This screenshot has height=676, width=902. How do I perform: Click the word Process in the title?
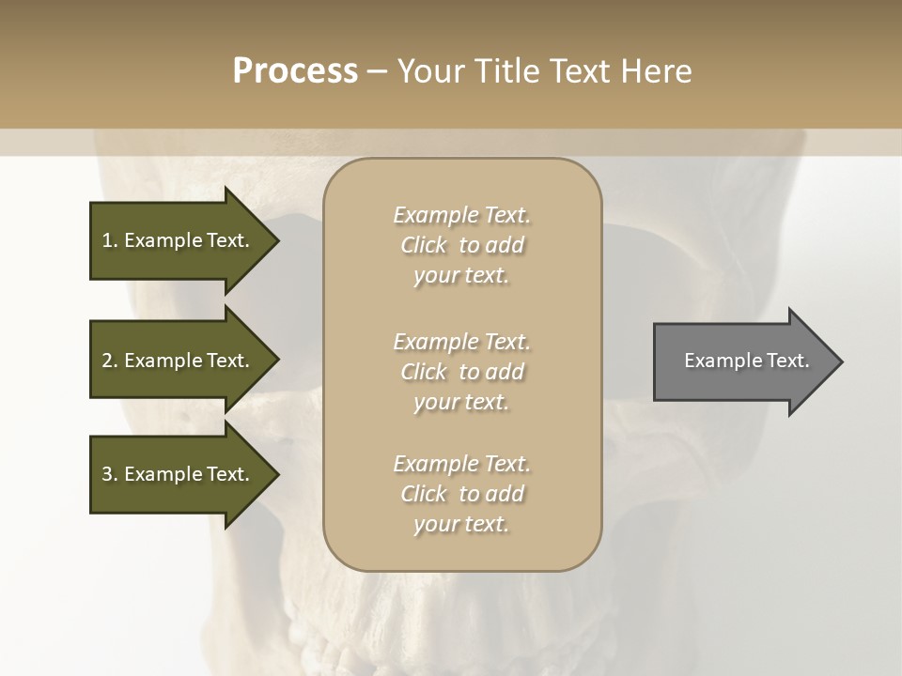[x=295, y=71]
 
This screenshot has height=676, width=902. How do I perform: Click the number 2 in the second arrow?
[x=107, y=361]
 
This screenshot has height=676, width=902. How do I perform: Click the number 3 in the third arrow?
[x=107, y=474]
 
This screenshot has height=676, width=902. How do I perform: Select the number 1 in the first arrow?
[x=107, y=240]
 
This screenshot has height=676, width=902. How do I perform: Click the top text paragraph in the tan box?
[x=461, y=245]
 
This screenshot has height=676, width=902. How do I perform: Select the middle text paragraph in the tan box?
[x=461, y=372]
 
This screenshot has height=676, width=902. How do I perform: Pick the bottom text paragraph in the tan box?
[x=461, y=494]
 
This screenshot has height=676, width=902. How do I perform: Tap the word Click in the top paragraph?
[x=424, y=245]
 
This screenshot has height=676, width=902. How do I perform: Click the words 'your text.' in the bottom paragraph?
[x=461, y=524]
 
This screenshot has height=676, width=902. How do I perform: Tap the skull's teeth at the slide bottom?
[x=451, y=638]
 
